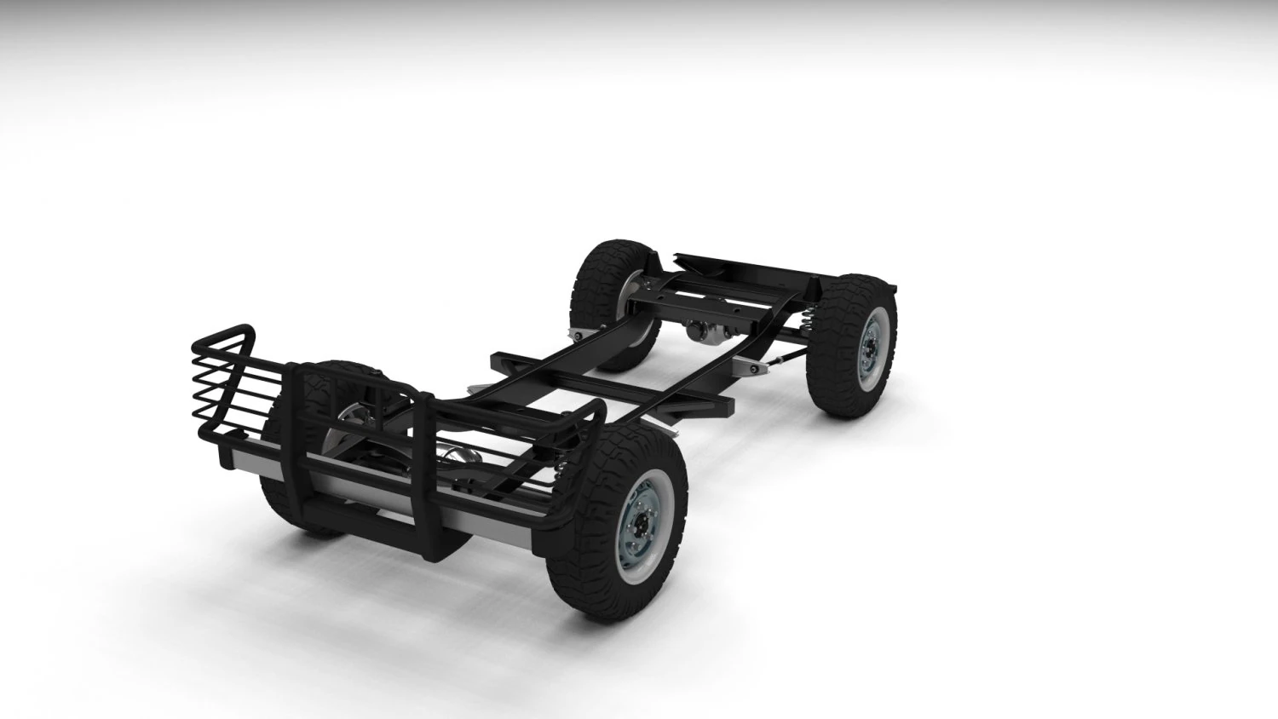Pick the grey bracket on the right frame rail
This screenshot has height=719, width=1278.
click(748, 366)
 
